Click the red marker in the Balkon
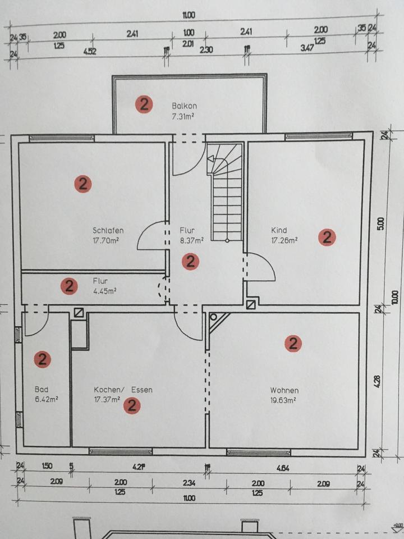point(144,104)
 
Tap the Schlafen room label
point(108,230)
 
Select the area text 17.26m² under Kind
point(284,240)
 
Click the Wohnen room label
point(284,390)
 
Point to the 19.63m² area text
point(283,400)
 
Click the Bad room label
point(41,389)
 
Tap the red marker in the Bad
point(42,359)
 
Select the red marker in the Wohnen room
point(293,343)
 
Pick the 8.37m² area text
point(191,240)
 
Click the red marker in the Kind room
point(327,237)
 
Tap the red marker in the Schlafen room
point(82,184)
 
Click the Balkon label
point(184,106)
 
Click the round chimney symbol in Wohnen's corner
point(213,317)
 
